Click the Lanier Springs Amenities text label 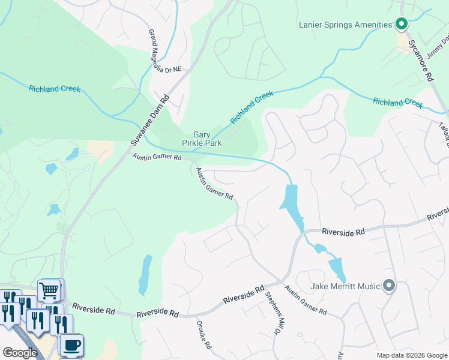click(x=345, y=25)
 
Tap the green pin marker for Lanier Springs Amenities click(x=402, y=25)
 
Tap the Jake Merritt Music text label click(x=345, y=286)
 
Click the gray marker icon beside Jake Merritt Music click(x=389, y=286)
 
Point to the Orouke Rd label click(x=203, y=335)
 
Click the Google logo click(x=20, y=353)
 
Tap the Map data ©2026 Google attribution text click(x=411, y=355)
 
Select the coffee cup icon click(x=71, y=345)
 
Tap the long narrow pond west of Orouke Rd click(x=145, y=275)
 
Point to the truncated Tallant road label click(x=444, y=132)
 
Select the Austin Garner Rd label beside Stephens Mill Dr click(x=306, y=300)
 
